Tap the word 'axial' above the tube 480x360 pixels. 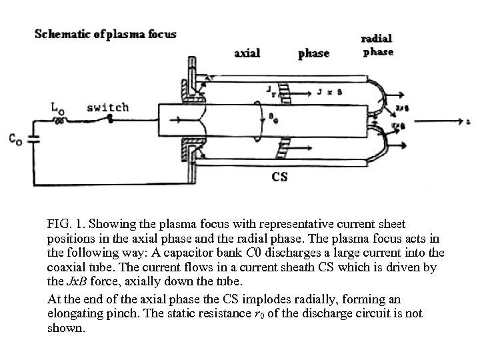pyautogui.click(x=247, y=53)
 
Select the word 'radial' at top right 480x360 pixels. pyautogui.click(x=376, y=39)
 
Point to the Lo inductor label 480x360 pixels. pyautogui.click(x=58, y=107)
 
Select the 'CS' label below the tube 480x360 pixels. pyautogui.click(x=280, y=177)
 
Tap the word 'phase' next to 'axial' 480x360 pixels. pyautogui.click(x=313, y=53)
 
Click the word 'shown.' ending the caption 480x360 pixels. pyautogui.click(x=66, y=327)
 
